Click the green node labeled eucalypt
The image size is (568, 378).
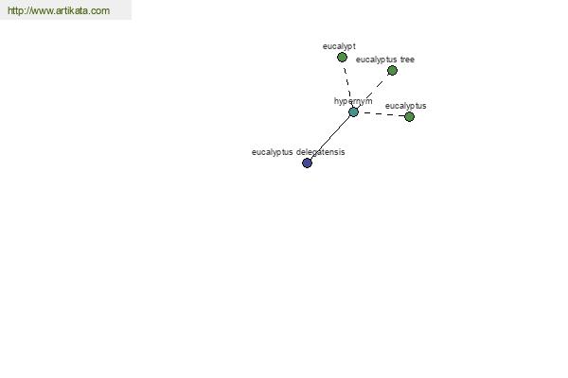pyautogui.click(x=342, y=57)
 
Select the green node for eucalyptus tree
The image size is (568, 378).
pyautogui.click(x=392, y=71)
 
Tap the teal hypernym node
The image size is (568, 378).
pyautogui.click(x=353, y=112)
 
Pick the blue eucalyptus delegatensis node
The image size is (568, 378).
pyautogui.click(x=307, y=163)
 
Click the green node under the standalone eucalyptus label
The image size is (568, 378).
pyautogui.click(x=409, y=116)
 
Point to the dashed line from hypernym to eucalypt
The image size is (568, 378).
pyautogui.click(x=347, y=83)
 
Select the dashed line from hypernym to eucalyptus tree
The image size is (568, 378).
pyautogui.click(x=373, y=91)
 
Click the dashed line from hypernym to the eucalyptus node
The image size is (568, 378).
pyautogui.click(x=382, y=114)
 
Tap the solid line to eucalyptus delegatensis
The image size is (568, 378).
pyautogui.click(x=330, y=137)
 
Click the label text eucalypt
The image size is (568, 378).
pyautogui.click(x=339, y=46)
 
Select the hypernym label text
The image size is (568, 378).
pyautogui.click(x=353, y=101)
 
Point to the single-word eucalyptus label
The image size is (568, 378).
pyautogui.click(x=406, y=106)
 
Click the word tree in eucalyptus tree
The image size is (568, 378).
pyautogui.click(x=407, y=60)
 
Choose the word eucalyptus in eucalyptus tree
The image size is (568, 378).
pyautogui.click(x=377, y=60)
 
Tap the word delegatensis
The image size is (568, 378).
pyautogui.click(x=321, y=152)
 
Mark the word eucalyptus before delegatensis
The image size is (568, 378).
pyautogui.click(x=272, y=152)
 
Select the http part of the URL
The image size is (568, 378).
pyautogui.click(x=16, y=10)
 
